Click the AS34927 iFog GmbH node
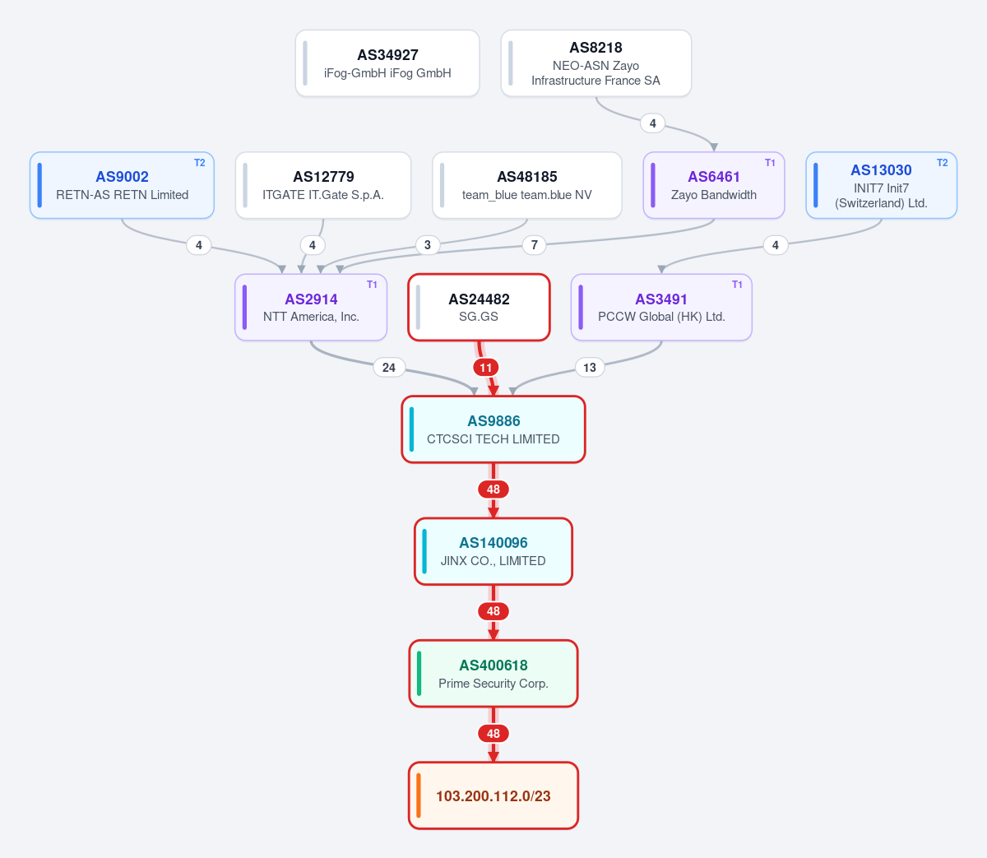tap(387, 63)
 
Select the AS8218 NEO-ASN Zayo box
tap(595, 63)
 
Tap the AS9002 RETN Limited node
tap(122, 185)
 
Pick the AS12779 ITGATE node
tap(323, 185)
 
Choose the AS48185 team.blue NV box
tap(526, 185)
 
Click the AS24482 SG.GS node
tap(479, 307)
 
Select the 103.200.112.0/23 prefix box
tap(493, 795)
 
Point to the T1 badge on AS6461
tap(770, 163)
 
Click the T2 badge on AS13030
tap(942, 163)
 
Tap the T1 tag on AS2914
tap(372, 285)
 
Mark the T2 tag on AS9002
tap(200, 163)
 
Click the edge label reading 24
tap(389, 368)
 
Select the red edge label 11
tap(486, 368)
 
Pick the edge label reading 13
tap(590, 368)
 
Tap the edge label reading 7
tap(534, 245)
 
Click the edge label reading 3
tap(428, 245)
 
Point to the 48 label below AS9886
tap(493, 489)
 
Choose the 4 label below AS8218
tap(653, 123)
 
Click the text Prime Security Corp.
tap(493, 684)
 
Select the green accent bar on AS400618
tap(419, 673)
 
